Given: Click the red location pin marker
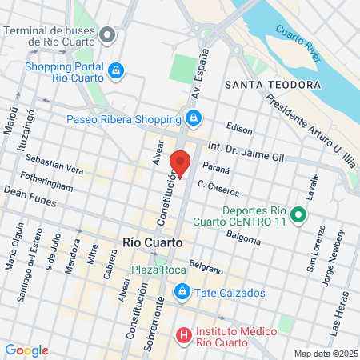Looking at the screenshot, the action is (181, 162).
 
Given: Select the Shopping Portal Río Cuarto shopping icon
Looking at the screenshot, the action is (117, 71).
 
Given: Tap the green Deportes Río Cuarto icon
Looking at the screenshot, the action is (298, 214).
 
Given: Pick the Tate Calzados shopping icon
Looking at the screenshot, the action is (182, 292).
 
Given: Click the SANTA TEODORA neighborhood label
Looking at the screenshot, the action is (273, 84).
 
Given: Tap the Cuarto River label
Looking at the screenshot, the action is (297, 42).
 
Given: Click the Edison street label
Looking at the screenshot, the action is (238, 127).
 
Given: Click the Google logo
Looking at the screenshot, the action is (26, 350).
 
